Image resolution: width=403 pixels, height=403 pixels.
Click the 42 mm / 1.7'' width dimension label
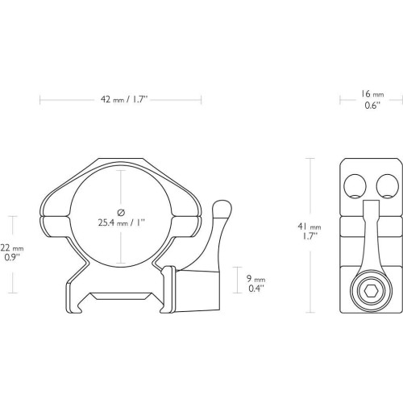124,100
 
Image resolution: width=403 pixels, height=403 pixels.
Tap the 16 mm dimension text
372,94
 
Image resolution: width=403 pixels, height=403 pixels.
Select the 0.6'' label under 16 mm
372,106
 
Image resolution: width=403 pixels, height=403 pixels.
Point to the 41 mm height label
310,227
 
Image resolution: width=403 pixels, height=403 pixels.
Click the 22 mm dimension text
12,247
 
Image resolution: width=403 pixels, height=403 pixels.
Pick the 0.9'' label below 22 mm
12,257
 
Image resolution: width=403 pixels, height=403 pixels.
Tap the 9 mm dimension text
256,279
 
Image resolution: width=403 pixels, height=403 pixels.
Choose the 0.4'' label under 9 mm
256,289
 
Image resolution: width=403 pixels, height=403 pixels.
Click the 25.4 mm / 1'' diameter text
122,222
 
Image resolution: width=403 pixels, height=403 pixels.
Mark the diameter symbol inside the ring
121,212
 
